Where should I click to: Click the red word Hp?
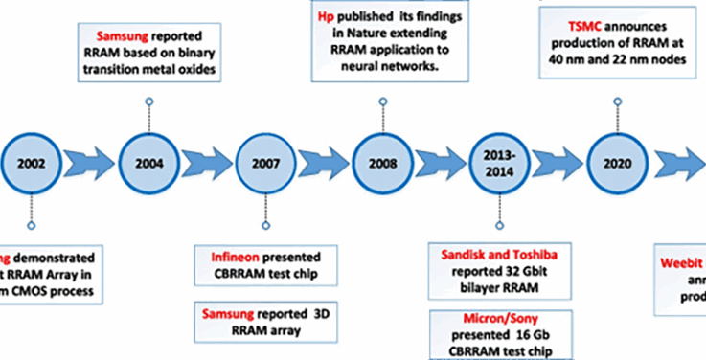click(324, 16)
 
